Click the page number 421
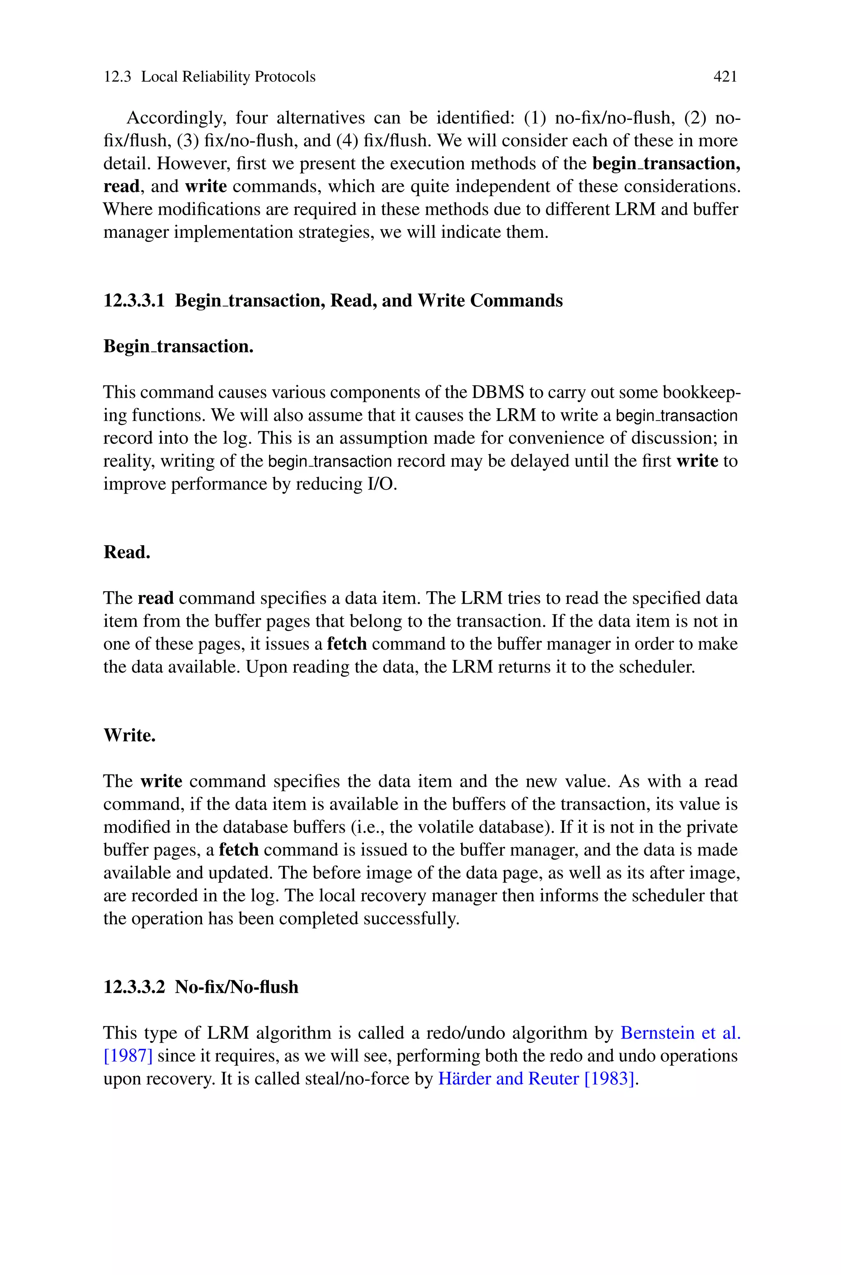pos(725,77)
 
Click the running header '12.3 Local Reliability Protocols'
pos(209,77)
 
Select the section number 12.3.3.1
pos(133,301)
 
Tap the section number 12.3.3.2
pos(133,987)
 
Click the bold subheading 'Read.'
pos(126,552)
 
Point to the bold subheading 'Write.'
pos(129,735)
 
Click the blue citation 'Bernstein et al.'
pos(680,1033)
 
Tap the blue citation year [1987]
pos(128,1056)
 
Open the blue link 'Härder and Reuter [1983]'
pos(536,1079)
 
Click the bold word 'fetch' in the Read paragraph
pos(347,644)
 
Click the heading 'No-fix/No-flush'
pos(237,987)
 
